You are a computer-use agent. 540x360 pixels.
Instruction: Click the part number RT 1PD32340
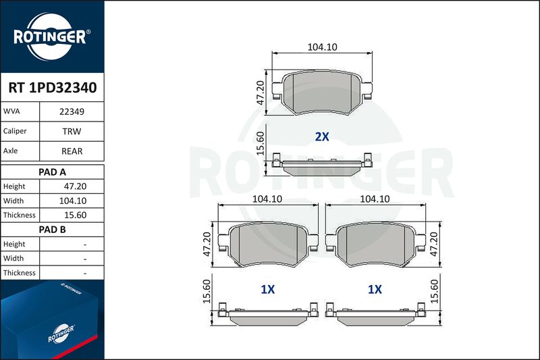click(x=53, y=88)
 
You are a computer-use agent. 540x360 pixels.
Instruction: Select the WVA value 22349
click(x=72, y=111)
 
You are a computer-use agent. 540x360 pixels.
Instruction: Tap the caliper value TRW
click(x=72, y=131)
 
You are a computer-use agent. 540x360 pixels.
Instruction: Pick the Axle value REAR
click(x=72, y=151)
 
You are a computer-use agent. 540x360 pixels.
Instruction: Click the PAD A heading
click(x=53, y=172)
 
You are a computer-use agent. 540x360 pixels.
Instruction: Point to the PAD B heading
click(x=53, y=230)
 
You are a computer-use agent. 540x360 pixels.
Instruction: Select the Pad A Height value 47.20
click(x=75, y=186)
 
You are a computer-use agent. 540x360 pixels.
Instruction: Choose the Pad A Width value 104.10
click(x=73, y=201)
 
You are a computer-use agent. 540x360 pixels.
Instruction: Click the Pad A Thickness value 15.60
click(x=75, y=215)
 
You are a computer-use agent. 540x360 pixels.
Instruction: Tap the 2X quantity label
click(x=322, y=136)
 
